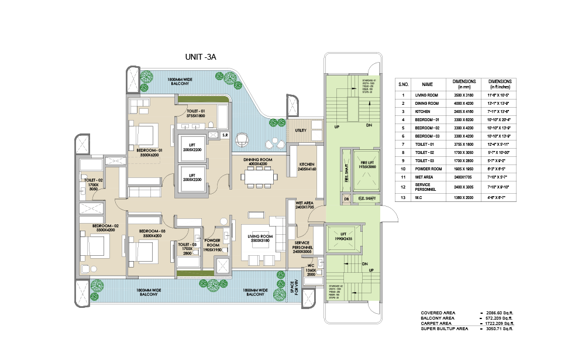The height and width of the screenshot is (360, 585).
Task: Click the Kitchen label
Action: tap(307, 167)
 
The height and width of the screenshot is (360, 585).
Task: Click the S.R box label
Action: tap(225, 136)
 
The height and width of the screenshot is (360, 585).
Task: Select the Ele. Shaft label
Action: tap(366, 199)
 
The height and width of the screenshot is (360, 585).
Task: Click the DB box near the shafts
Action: tap(346, 199)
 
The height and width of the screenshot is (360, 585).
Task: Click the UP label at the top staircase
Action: tap(336, 126)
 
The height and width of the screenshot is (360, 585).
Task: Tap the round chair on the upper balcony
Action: tap(242, 139)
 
